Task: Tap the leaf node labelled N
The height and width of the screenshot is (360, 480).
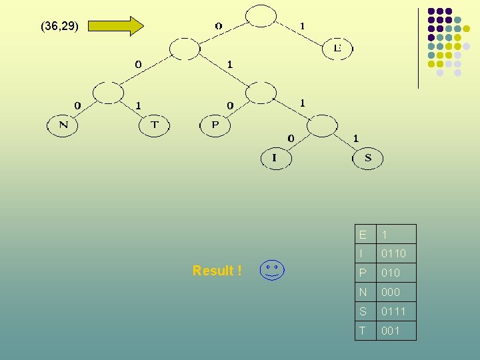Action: (63, 125)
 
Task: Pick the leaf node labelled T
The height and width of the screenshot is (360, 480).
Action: (154, 125)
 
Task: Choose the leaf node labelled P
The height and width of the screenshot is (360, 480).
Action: (215, 125)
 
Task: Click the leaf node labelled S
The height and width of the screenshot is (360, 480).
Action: (368, 159)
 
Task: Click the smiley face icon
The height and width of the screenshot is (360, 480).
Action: (271, 271)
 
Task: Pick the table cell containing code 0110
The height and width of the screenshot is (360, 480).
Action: (396, 253)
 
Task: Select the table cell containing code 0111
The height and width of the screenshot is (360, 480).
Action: (396, 311)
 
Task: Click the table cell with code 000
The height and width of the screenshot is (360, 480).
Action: (396, 292)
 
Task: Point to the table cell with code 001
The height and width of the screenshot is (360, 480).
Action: (396, 331)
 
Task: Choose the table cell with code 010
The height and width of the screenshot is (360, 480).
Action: (396, 273)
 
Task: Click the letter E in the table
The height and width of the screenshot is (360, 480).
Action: (363, 235)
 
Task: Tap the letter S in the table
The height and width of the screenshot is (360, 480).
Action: (363, 311)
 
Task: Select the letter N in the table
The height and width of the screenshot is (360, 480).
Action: (363, 292)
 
